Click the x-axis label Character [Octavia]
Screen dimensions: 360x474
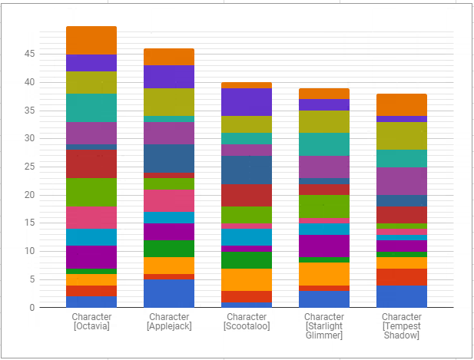click(x=91, y=321)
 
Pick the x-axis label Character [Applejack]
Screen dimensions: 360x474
click(x=169, y=321)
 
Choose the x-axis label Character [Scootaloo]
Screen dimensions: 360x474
click(x=247, y=321)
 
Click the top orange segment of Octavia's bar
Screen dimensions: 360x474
click(x=91, y=40)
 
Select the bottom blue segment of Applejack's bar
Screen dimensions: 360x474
click(x=169, y=293)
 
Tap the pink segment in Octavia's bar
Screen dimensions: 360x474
click(x=91, y=217)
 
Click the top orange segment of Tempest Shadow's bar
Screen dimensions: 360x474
click(x=402, y=104)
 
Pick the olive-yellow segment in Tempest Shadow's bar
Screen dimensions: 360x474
click(x=402, y=136)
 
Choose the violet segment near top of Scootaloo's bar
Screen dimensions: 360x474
click(x=247, y=102)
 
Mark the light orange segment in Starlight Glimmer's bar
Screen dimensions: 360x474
click(x=324, y=274)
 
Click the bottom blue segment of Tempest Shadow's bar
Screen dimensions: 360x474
click(x=402, y=296)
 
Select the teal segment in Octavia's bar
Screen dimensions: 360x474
click(x=91, y=107)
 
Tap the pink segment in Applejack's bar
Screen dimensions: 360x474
click(x=169, y=200)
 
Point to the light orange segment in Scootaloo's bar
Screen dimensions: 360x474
click(x=247, y=279)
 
